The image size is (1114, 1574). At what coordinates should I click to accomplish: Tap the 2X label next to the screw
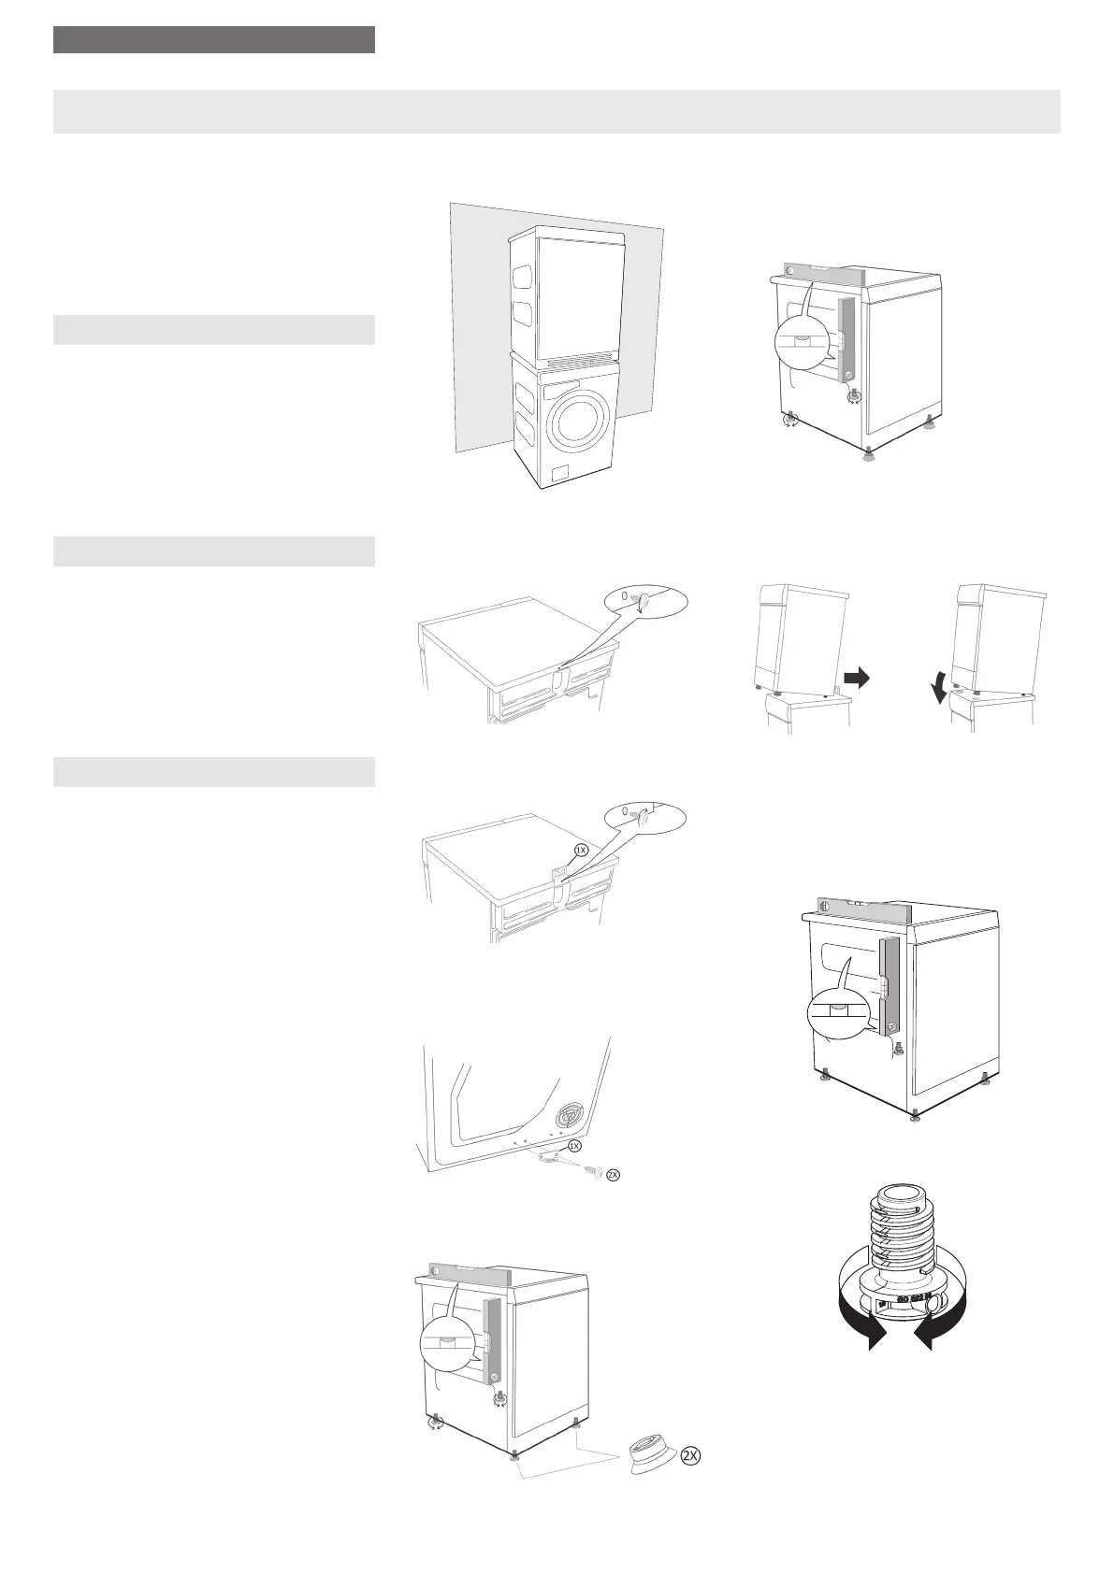[613, 1175]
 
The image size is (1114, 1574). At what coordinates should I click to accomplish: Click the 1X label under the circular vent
[575, 1145]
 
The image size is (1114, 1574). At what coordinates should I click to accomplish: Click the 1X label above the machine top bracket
[580, 851]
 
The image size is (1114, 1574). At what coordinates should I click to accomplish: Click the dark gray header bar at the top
[214, 40]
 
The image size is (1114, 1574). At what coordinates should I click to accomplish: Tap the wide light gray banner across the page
[557, 111]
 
